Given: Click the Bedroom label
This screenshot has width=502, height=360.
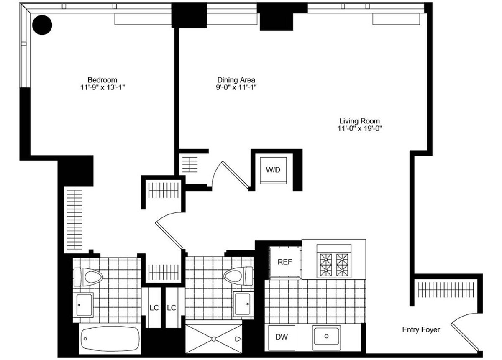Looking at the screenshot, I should [102, 80].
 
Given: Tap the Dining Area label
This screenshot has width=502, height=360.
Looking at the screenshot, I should [236, 80].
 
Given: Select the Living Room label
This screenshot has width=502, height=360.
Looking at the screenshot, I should [359, 121].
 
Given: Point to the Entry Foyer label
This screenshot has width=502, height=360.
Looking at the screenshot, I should [421, 330].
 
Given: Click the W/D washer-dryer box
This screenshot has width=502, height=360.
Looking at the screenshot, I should [274, 170].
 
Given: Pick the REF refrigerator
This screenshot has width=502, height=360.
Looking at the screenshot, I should [285, 262].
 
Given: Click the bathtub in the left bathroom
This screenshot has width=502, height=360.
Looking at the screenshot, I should [110, 336].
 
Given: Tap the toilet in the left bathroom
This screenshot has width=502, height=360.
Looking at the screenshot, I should [89, 276].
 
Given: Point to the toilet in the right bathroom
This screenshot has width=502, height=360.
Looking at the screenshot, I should [238, 276].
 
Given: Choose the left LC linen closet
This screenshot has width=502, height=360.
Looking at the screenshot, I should [154, 307].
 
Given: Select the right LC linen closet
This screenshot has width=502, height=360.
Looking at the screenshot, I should [172, 307].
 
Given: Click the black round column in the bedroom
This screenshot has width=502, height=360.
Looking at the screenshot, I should [42, 25].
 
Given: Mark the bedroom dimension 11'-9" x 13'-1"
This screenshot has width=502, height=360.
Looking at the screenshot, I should [102, 87].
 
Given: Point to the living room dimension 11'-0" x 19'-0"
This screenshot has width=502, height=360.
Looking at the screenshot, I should [359, 129].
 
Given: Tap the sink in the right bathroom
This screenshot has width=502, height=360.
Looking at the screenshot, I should [242, 304].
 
